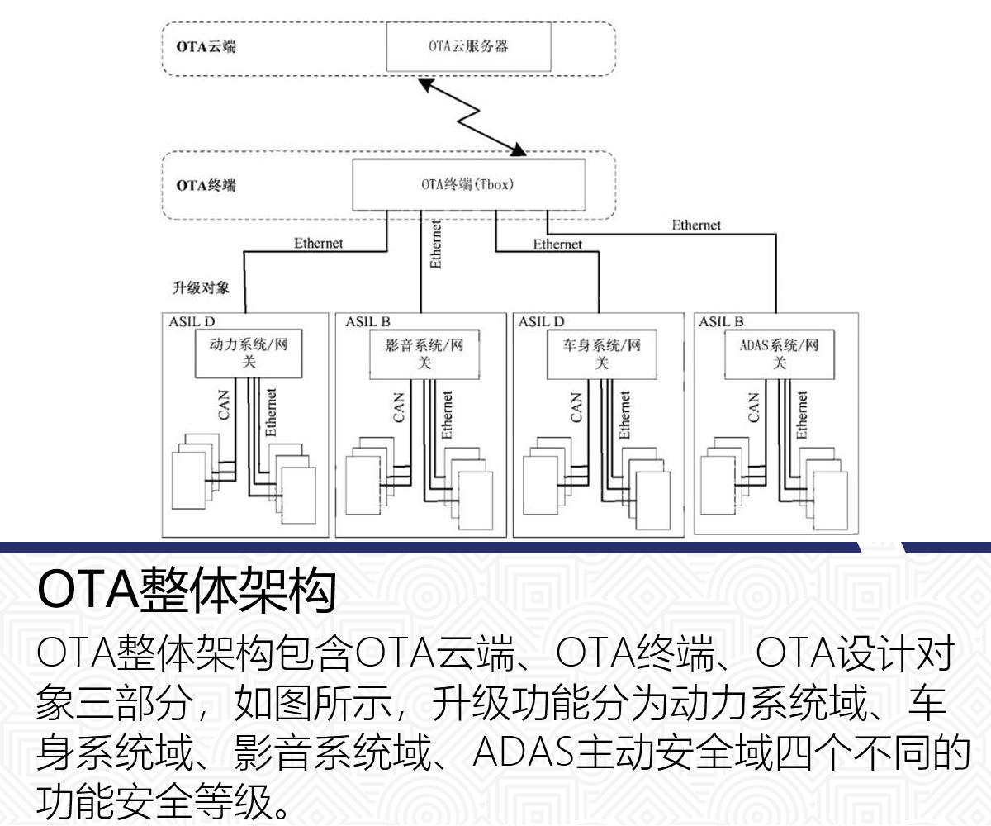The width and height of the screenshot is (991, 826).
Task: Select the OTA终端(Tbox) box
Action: coord(468,184)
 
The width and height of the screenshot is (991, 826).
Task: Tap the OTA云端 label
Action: coord(206,46)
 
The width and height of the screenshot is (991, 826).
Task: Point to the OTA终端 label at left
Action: coord(206,185)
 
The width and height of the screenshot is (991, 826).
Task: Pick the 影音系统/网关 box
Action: coord(424,354)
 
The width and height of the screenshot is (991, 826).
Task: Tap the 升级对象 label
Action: coord(201,289)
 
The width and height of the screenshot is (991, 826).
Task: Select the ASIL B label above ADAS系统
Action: coord(721,321)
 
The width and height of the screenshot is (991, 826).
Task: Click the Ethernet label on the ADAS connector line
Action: coord(695,225)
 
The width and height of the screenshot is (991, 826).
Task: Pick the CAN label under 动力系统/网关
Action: coord(225,407)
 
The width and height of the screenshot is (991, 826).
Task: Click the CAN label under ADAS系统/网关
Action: coord(753,407)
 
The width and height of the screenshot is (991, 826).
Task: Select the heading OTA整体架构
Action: coord(187,591)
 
